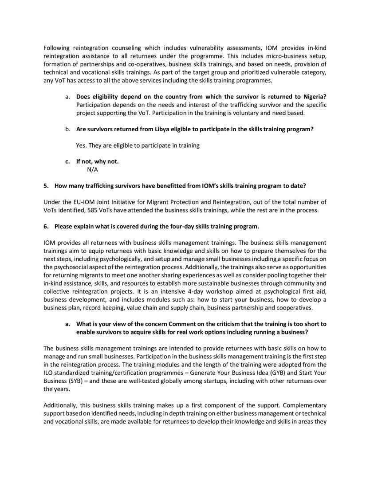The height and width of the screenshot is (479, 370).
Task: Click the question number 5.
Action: coord(46,185)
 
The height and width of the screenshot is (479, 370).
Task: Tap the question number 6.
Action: coord(46,226)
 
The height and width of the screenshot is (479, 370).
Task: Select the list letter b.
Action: coord(67,129)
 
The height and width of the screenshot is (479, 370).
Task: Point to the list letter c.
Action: coord(67,161)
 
